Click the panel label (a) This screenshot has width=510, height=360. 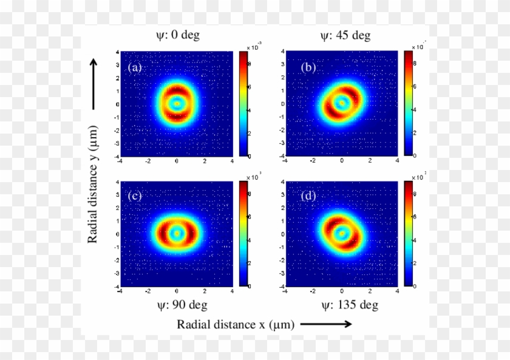135,67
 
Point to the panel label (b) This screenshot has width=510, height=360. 308,67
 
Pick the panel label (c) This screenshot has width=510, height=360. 135,197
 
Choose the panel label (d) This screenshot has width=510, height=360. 308,197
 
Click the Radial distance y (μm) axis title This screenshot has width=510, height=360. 93,188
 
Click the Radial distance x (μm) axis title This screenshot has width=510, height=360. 236,325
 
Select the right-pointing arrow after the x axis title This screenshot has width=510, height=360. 325,325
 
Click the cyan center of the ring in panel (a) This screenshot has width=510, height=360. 177,104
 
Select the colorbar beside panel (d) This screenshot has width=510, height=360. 409,233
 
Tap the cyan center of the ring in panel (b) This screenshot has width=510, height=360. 342,103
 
